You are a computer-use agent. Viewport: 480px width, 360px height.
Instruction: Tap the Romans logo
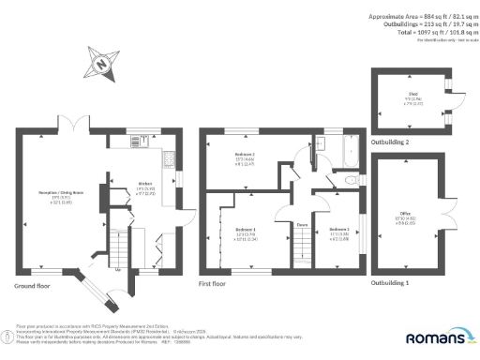pyautogui.click(x=435, y=336)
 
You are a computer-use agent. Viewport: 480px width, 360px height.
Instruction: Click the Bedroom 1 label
pyautogui.click(x=246, y=231)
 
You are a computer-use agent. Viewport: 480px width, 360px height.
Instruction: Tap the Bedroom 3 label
pyautogui.click(x=337, y=230)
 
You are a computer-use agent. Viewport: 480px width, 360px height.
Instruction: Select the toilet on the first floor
pyautogui.click(x=348, y=178)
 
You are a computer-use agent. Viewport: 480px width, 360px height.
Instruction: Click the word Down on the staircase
pyautogui.click(x=303, y=225)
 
